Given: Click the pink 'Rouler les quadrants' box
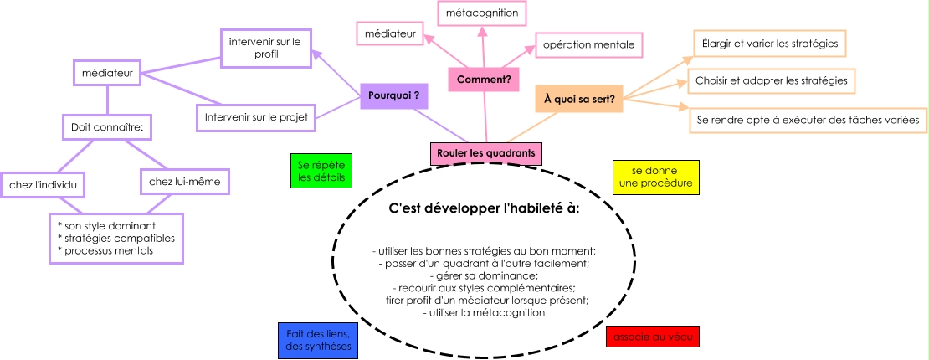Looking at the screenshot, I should click(x=485, y=153).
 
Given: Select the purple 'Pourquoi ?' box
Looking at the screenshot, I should click(x=393, y=96).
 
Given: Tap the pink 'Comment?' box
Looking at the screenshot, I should click(x=484, y=80).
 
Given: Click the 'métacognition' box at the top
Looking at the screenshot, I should click(x=481, y=13).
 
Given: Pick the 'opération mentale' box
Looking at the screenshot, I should click(x=588, y=44).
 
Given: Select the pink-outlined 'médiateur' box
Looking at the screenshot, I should click(x=390, y=33).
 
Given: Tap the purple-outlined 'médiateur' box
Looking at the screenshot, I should click(x=106, y=73).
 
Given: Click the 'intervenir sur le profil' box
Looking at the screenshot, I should click(x=265, y=47).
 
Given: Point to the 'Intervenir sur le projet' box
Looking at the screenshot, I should click(x=256, y=117).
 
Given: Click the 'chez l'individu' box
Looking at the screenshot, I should click(x=42, y=183).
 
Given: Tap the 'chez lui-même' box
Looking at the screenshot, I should click(x=182, y=181).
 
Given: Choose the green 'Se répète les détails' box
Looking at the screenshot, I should click(x=321, y=172).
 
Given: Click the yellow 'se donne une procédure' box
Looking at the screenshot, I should click(x=655, y=177).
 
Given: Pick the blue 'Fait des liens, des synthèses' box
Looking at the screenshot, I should click(x=318, y=340).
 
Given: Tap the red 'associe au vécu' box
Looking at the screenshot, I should click(x=651, y=337).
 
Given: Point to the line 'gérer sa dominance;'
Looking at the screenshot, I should click(x=483, y=275).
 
